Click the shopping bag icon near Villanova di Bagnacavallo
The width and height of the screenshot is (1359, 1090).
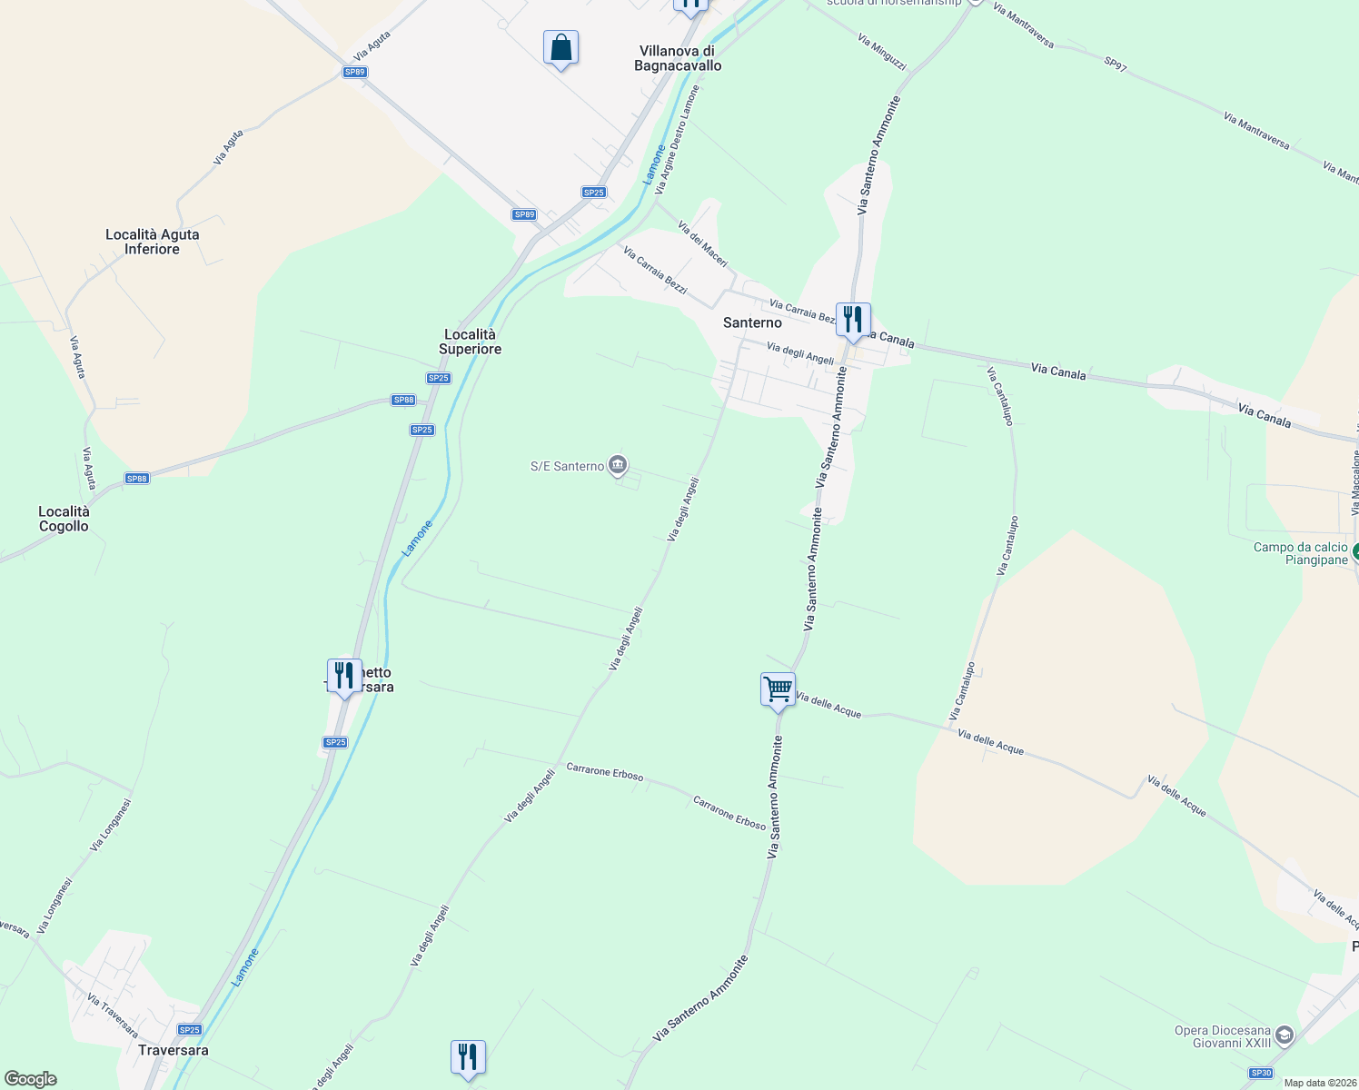point(560,48)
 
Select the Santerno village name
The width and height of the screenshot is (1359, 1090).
point(752,322)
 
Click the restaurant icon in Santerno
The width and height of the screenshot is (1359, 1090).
point(852,321)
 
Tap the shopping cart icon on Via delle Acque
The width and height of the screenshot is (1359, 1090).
point(779,690)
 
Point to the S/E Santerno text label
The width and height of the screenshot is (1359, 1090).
point(567,466)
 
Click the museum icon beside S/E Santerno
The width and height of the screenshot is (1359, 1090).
point(618,466)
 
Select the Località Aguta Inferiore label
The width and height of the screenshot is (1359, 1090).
point(153,242)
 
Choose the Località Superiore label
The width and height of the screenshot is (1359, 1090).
point(470,342)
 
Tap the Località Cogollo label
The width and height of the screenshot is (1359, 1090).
point(64,519)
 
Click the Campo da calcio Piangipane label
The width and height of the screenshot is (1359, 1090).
point(1301,553)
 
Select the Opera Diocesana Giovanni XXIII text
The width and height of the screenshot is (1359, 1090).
point(1223,1036)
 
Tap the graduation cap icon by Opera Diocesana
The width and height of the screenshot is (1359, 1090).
point(1284,1035)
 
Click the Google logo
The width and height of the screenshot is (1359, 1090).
point(30,1079)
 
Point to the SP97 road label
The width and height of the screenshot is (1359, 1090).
point(1115,64)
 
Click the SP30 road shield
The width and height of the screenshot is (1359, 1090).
point(1260,1073)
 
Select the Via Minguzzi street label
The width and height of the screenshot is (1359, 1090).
point(881,52)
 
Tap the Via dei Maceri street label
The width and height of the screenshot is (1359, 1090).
point(702,243)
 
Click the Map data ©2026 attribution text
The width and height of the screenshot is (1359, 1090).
point(1320,1083)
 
